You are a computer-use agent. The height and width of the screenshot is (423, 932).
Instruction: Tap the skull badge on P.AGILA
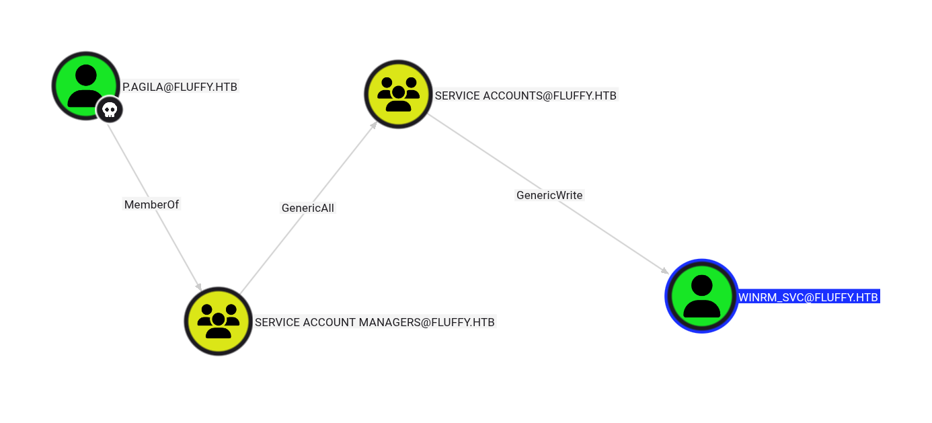click(x=109, y=110)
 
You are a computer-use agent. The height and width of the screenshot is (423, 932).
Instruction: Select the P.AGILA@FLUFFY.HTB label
click(x=180, y=87)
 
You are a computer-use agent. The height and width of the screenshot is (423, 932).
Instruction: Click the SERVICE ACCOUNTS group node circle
click(x=398, y=95)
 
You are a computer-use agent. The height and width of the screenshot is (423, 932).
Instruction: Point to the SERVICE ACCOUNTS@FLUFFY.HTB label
click(x=525, y=95)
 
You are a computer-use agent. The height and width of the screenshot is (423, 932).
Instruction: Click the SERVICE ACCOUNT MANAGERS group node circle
click(x=218, y=321)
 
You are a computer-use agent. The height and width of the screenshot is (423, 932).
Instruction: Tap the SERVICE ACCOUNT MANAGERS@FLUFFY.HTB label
click(x=375, y=322)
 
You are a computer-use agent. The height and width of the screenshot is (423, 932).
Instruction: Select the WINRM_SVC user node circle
click(x=701, y=296)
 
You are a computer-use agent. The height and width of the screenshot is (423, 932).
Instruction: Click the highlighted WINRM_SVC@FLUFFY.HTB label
click(x=808, y=297)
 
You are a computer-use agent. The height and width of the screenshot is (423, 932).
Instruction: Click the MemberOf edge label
click(x=151, y=204)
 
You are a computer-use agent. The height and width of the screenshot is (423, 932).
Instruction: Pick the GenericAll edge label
click(x=307, y=208)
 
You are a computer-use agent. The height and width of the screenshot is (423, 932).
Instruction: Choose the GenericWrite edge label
click(x=549, y=195)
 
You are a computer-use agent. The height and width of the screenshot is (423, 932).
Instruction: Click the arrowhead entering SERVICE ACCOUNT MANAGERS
click(x=198, y=286)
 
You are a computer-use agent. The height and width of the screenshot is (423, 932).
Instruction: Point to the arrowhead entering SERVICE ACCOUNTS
click(x=374, y=125)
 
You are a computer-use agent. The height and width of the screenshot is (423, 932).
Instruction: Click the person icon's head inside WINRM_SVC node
click(x=701, y=286)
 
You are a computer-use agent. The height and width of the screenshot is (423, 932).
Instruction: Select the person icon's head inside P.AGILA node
click(x=86, y=75)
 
